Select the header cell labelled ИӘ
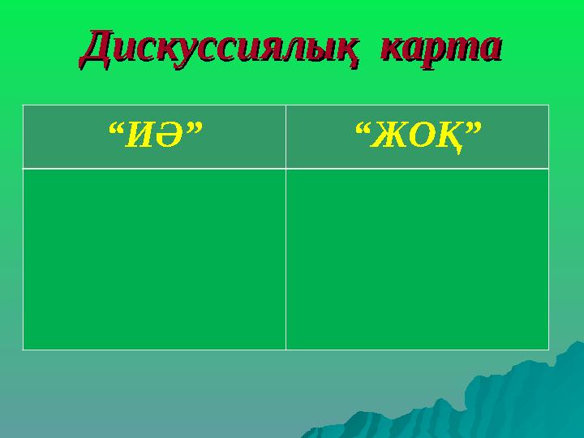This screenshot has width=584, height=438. click(154, 136)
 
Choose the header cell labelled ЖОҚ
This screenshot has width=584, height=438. click(418, 136)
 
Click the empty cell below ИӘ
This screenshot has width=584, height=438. click(154, 259)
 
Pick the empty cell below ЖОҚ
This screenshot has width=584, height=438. click(418, 259)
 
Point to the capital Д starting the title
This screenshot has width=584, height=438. click(98, 48)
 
